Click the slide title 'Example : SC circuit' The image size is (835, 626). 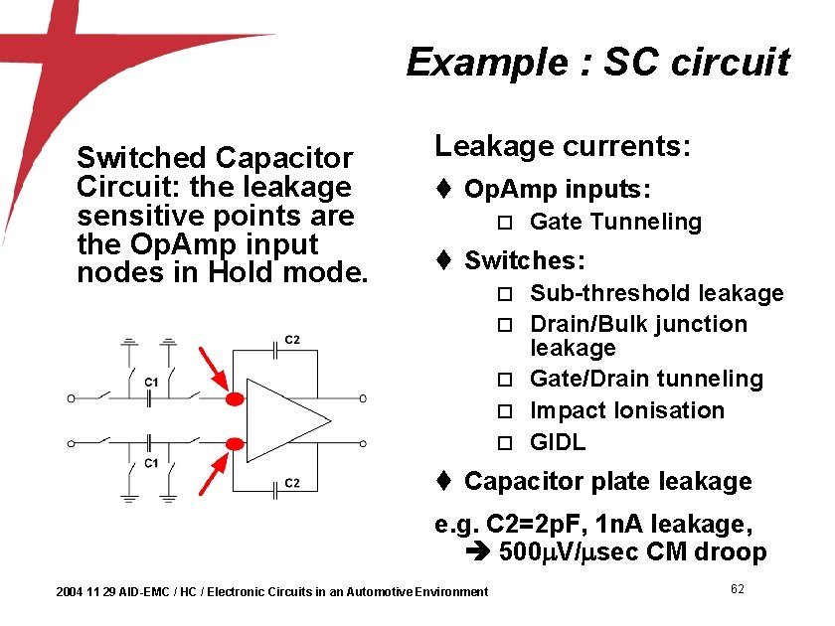597,63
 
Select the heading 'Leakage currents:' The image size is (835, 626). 562,147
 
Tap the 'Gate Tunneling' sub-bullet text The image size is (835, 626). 615,222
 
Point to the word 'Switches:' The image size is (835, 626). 525,261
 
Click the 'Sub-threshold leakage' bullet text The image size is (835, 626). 656,293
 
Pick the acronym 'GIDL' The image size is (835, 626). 558,442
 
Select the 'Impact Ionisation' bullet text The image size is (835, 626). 627,410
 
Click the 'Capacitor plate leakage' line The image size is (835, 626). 607,482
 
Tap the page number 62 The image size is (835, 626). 738,589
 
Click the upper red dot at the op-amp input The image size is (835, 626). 235,399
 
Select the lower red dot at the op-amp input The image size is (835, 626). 235,444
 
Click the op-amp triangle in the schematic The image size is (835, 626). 283,418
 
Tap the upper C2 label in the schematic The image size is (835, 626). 292,340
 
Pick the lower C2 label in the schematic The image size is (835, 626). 292,484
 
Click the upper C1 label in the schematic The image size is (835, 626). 151,382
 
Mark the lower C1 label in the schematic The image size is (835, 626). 151,463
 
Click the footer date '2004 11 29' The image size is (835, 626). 85,592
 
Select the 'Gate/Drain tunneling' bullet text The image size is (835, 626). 646,379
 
